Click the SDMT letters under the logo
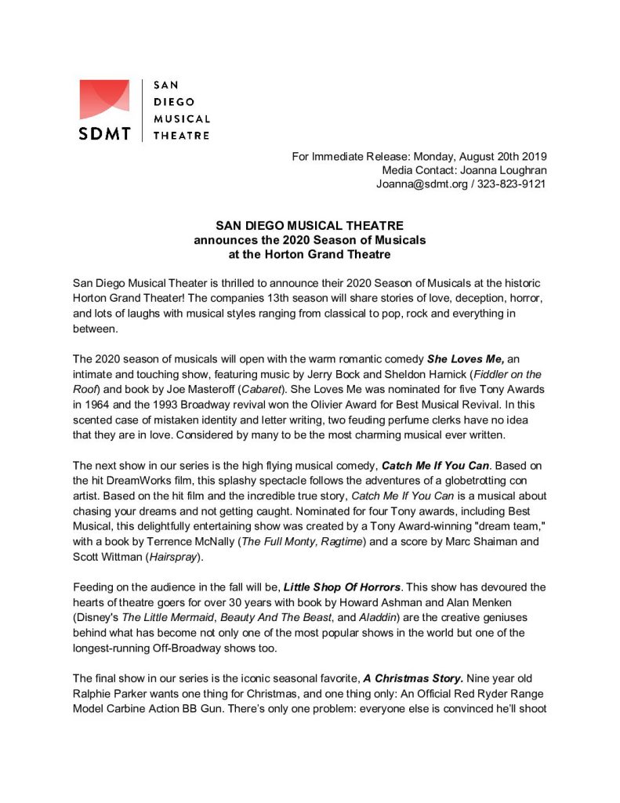point(104,133)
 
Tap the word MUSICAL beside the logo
point(181,118)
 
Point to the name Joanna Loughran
point(502,169)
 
